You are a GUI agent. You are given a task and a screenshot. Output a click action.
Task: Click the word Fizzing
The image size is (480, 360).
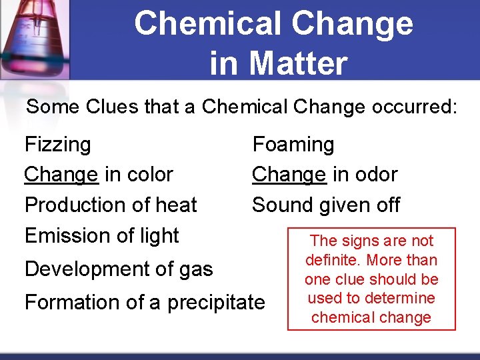(57, 145)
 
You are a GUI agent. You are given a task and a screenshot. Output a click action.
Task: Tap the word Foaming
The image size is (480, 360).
(293, 145)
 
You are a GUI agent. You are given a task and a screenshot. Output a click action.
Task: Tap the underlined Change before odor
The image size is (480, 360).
(289, 175)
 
